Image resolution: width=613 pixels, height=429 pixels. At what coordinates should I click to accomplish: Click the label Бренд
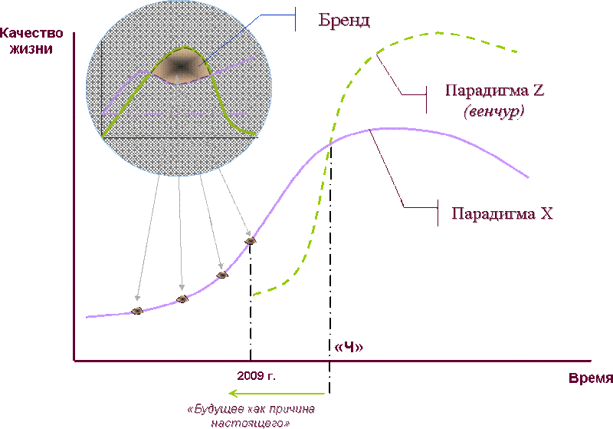tap(344, 21)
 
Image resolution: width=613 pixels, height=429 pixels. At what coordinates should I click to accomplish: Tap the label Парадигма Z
tap(495, 91)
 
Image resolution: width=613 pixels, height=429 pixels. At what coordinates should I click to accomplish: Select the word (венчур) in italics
tap(494, 111)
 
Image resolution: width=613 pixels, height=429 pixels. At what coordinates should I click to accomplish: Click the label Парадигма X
tap(503, 213)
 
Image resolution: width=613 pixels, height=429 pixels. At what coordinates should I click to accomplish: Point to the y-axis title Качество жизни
tap(31, 41)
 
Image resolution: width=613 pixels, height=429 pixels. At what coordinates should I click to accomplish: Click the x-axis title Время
tap(590, 378)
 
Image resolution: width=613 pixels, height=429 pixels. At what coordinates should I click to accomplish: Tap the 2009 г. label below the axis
tap(256, 376)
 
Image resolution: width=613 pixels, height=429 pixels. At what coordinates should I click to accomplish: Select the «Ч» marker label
tap(349, 347)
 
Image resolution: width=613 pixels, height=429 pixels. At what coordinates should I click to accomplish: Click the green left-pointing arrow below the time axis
tap(277, 393)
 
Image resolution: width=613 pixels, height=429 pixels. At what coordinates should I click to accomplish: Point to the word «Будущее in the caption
tap(212, 409)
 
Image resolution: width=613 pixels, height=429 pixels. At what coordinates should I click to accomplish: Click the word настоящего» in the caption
tap(251, 424)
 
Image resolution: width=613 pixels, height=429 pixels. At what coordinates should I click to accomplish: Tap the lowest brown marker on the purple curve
tap(137, 311)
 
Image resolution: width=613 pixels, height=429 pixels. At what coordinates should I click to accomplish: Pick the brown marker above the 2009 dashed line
tap(251, 241)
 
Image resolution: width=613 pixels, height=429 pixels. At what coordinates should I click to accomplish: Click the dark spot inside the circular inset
tap(181, 67)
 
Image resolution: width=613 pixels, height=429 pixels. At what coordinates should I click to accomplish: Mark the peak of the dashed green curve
tap(436, 33)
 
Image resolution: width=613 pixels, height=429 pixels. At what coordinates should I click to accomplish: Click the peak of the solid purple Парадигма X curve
tap(385, 128)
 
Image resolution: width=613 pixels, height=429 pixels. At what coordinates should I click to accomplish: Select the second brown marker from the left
tap(182, 299)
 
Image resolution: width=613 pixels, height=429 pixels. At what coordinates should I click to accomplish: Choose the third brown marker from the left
tap(222, 275)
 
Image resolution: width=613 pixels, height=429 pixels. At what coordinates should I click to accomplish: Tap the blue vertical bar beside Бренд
tap(295, 18)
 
